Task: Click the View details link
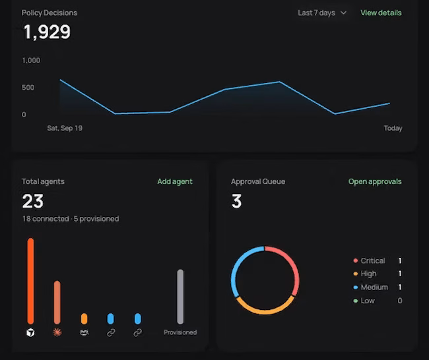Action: [x=381, y=13]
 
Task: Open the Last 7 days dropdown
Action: [x=322, y=13]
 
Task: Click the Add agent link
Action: [x=175, y=181]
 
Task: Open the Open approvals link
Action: [x=375, y=181]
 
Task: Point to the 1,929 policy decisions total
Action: [x=47, y=32]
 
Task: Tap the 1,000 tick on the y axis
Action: [x=31, y=61]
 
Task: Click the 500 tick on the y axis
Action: [x=28, y=88]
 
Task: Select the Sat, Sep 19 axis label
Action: [x=65, y=128]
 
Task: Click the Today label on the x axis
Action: [x=393, y=128]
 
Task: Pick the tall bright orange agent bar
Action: [x=30, y=281]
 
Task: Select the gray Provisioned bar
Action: [x=180, y=297]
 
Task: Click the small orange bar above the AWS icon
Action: [x=84, y=318]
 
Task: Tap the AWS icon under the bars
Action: [x=84, y=332]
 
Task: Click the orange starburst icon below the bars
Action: [x=57, y=332]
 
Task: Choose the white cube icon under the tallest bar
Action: [x=30, y=333]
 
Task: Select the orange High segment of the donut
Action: [x=265, y=312]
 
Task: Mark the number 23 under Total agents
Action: [x=33, y=201]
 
